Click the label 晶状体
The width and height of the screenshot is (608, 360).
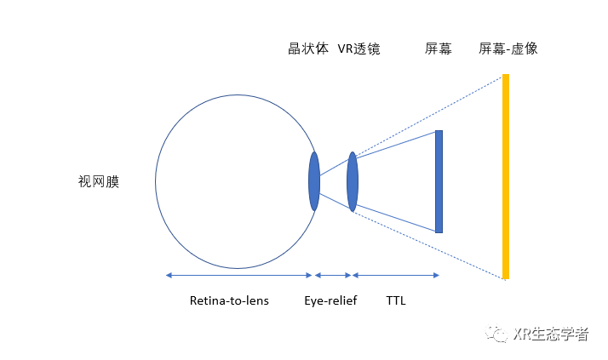click(308, 49)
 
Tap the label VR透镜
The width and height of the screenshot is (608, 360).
click(358, 49)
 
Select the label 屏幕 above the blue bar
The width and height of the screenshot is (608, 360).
click(438, 49)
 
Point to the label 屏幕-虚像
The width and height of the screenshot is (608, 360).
click(508, 49)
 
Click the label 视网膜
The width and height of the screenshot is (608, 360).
click(99, 181)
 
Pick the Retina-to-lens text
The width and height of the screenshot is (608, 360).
click(229, 300)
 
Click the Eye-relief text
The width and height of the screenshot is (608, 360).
click(331, 300)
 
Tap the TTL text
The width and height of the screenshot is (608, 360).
click(396, 300)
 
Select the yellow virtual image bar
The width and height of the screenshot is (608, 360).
click(506, 176)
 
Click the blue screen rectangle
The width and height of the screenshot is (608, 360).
click(439, 181)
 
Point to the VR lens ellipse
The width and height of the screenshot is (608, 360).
click(353, 181)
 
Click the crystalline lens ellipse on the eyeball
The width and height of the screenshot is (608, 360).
click(314, 181)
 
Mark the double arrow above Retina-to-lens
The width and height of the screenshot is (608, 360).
click(240, 275)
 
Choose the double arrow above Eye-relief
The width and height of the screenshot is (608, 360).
click(333, 275)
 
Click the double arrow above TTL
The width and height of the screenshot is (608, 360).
click(396, 275)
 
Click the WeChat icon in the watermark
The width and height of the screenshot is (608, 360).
click(498, 334)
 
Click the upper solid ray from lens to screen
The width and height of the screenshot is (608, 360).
click(395, 144)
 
